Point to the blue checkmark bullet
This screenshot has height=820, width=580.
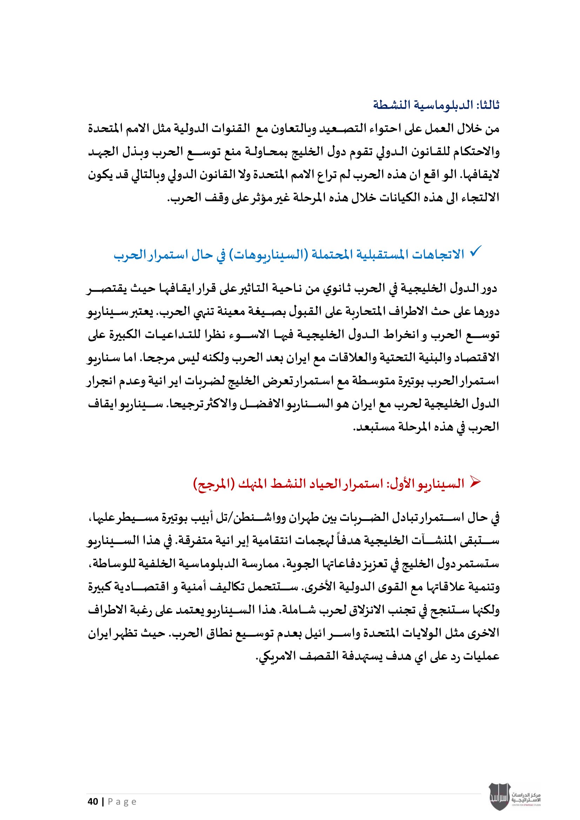coord(476,250)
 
